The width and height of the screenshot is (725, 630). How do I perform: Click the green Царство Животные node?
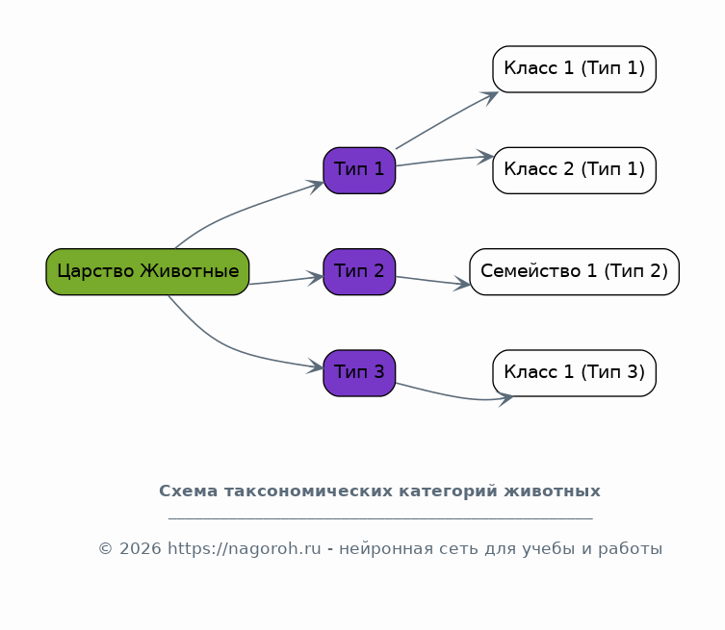pyautogui.click(x=147, y=271)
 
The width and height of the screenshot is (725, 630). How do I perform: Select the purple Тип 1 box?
pyautogui.click(x=359, y=170)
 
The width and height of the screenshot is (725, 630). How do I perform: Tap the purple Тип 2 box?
pyautogui.click(x=359, y=271)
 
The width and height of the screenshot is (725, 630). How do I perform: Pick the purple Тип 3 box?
pyautogui.click(x=359, y=373)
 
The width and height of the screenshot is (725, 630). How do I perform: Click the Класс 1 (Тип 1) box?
pyautogui.click(x=574, y=69)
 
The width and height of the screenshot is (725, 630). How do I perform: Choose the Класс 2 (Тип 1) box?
pyautogui.click(x=574, y=170)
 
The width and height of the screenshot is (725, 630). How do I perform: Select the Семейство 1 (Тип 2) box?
pyautogui.click(x=574, y=271)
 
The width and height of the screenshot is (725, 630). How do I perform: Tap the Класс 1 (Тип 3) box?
pyautogui.click(x=574, y=373)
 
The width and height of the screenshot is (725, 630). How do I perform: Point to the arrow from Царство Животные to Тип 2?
pyautogui.click(x=287, y=280)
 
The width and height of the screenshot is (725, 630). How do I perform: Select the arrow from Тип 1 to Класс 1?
pyautogui.click(x=447, y=119)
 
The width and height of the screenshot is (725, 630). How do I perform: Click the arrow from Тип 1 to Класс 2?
pyautogui.click(x=445, y=160)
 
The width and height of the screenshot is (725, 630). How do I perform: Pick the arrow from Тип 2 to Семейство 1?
pyautogui.click(x=433, y=281)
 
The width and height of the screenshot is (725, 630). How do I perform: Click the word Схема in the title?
pyautogui.click(x=188, y=491)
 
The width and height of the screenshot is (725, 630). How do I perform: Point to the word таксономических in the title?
pyautogui.click(x=309, y=491)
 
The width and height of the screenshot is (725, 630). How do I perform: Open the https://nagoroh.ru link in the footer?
pyautogui.click(x=245, y=548)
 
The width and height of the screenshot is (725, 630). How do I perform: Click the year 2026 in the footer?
pyautogui.click(x=141, y=548)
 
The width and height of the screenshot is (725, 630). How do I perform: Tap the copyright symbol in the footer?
pyautogui.click(x=105, y=548)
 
